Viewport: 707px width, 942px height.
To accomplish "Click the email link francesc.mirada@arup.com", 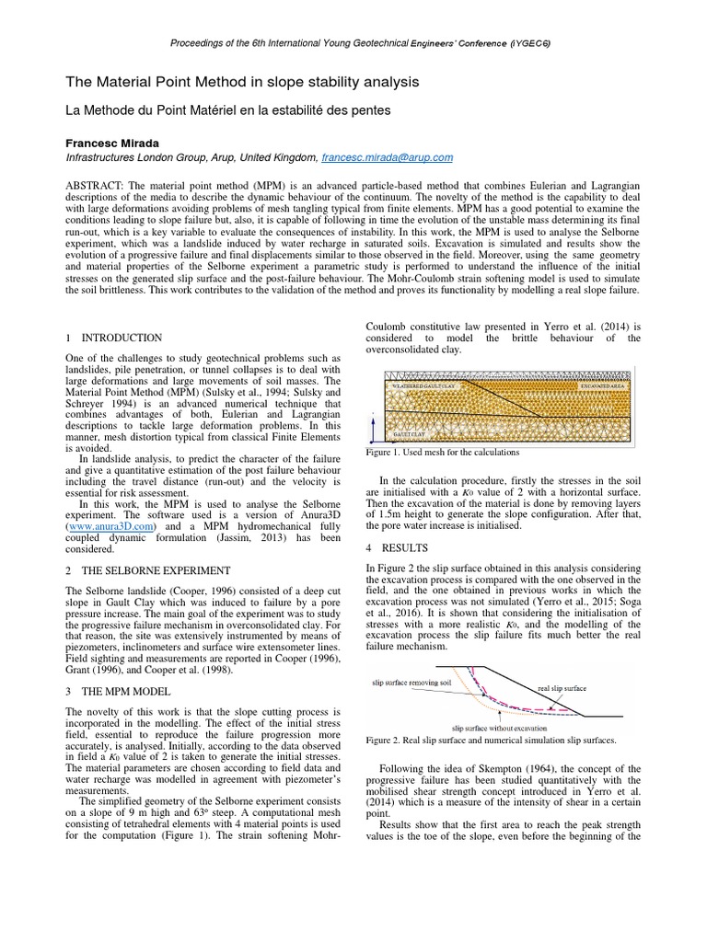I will [388, 158].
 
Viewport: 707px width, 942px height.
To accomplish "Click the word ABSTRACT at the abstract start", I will [99, 186].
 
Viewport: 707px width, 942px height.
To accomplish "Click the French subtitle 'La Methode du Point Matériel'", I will [214, 109].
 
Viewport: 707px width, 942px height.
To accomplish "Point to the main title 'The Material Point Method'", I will [241, 82].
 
